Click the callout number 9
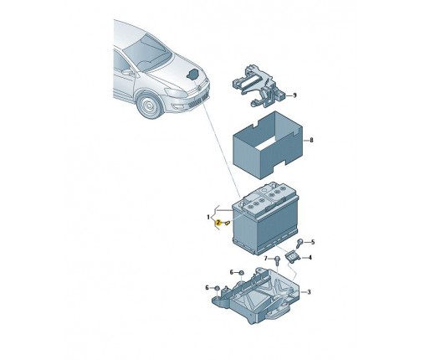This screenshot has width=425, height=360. [x=294, y=95]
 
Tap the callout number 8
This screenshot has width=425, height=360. [x=311, y=140]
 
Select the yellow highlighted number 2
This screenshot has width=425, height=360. [x=218, y=223]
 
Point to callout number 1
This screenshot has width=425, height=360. [x=208, y=217]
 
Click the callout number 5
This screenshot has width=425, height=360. [x=313, y=242]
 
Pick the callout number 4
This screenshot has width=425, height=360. [x=310, y=258]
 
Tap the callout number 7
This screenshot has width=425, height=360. [x=266, y=259]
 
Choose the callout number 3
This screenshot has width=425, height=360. [x=309, y=292]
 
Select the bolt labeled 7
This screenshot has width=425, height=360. [x=277, y=260]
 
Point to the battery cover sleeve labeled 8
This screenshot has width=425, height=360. [x=268, y=145]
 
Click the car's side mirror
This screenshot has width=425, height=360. [x=128, y=73]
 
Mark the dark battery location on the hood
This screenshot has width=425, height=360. [x=192, y=75]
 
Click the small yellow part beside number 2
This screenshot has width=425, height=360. [x=228, y=223]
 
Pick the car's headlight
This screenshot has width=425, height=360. [x=176, y=93]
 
